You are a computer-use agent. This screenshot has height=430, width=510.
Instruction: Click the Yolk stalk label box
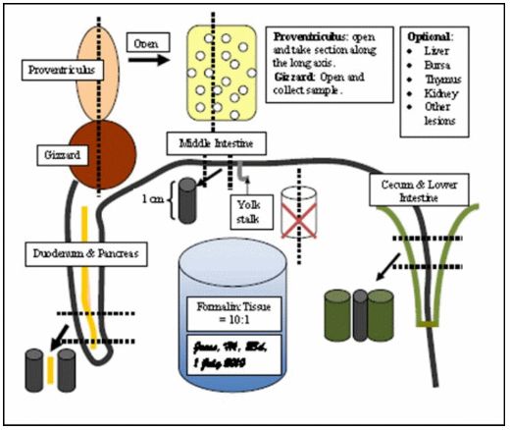253,211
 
